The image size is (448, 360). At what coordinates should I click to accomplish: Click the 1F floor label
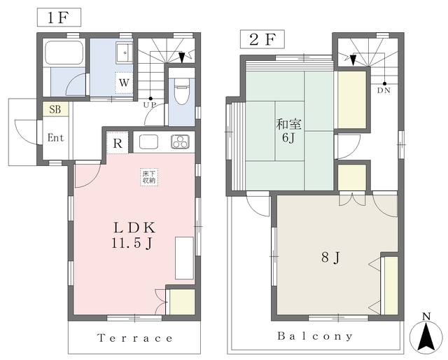pyautogui.click(x=59, y=18)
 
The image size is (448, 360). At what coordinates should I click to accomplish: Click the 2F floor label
pyautogui.click(x=262, y=39)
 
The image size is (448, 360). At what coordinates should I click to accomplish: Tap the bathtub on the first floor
pyautogui.click(x=64, y=53)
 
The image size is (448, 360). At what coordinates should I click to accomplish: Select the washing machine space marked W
pyautogui.click(x=124, y=83)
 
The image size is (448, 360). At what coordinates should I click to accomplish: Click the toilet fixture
pyautogui.click(x=181, y=92)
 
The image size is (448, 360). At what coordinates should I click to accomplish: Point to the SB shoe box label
pyautogui.click(x=55, y=109)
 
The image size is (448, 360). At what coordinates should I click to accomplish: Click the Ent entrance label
pyautogui.click(x=55, y=138)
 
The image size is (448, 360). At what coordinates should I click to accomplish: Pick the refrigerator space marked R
pyautogui.click(x=118, y=143)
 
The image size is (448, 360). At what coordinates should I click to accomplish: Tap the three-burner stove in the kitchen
pyautogui.click(x=181, y=141)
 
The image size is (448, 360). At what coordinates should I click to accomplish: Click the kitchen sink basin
pyautogui.click(x=148, y=141)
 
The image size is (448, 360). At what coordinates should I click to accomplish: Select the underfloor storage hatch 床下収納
pyautogui.click(x=149, y=177)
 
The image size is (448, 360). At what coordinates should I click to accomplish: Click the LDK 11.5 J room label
pyautogui.click(x=133, y=235)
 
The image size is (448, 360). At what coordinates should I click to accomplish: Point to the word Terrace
pyautogui.click(x=135, y=338)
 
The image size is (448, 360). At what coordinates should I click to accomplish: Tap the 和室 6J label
pyautogui.click(x=288, y=131)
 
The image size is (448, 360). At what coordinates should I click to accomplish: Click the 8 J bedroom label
pyautogui.click(x=330, y=258)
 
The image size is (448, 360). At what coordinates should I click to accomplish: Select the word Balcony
pyautogui.click(x=315, y=336)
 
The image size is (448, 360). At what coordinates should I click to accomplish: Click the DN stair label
pyautogui.click(x=384, y=90)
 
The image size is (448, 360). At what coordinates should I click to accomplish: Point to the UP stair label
pyautogui.click(x=149, y=105)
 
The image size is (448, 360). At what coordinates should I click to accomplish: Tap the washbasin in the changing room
pyautogui.click(x=125, y=53)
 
